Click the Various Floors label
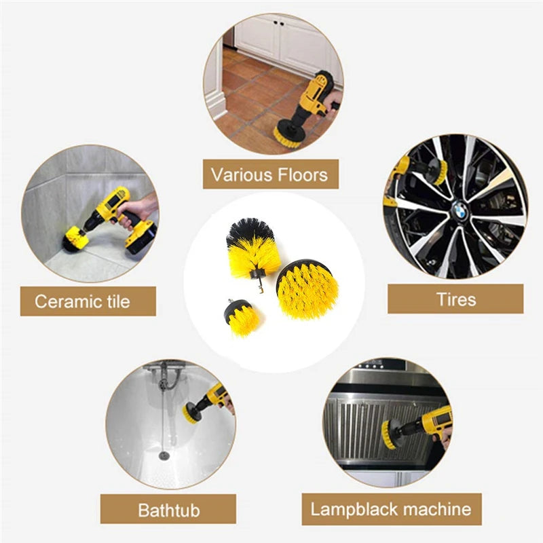click(269, 174)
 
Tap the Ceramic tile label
click(82, 301)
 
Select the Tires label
click(456, 299)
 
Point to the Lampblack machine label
click(390, 509)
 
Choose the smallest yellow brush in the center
click(242, 318)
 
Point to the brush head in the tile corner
click(74, 239)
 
